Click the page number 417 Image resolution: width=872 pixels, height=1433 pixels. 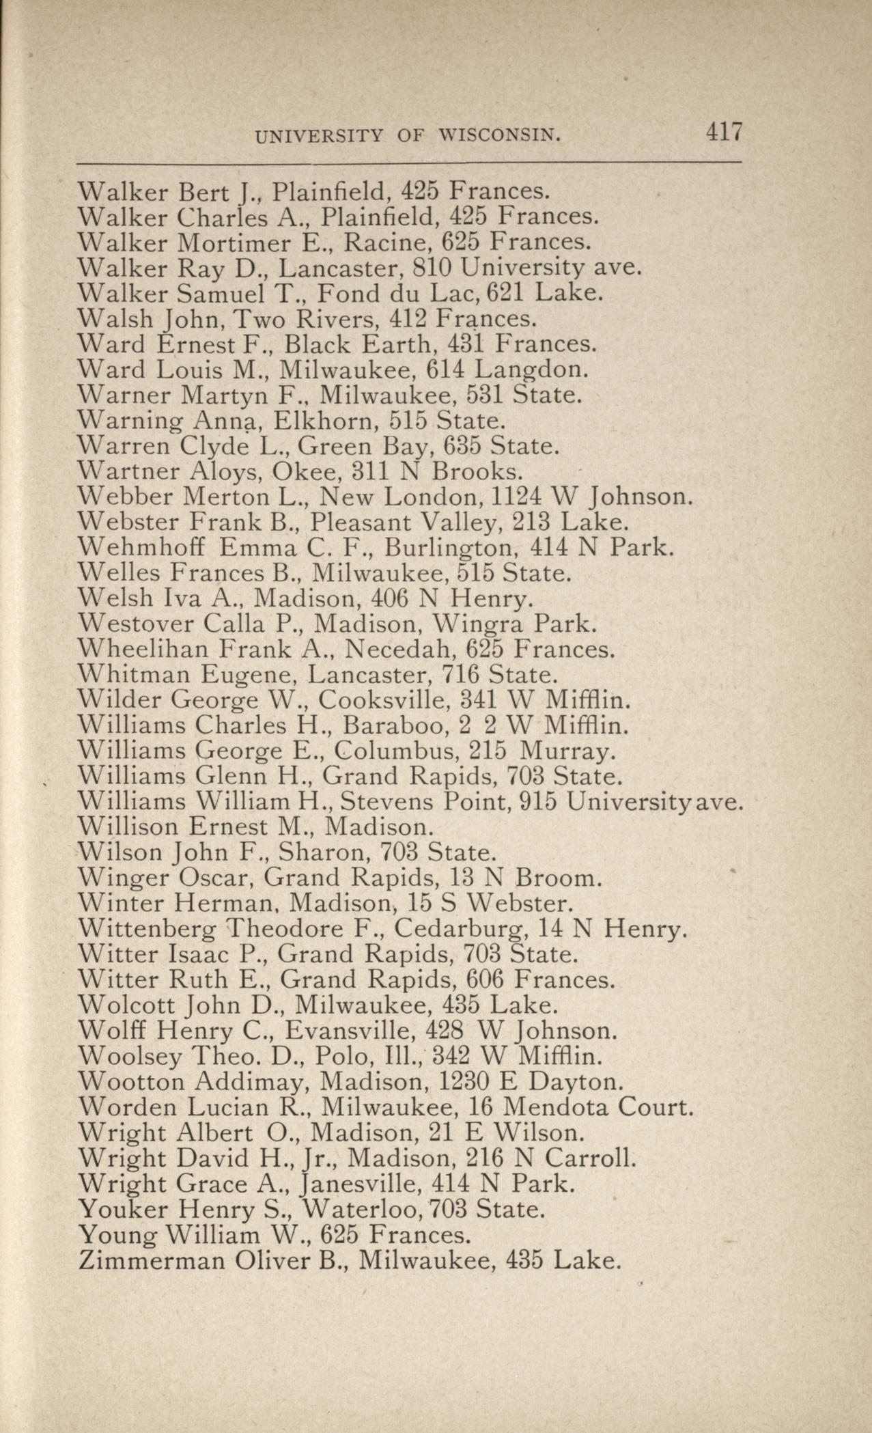click(724, 131)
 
